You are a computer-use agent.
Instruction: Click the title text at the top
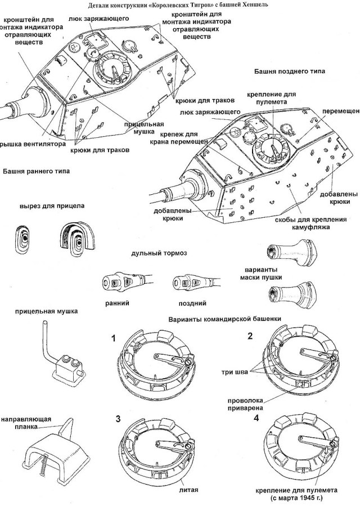click(x=178, y=5)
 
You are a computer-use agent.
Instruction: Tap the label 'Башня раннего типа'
click(x=36, y=171)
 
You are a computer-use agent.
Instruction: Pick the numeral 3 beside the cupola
click(x=118, y=419)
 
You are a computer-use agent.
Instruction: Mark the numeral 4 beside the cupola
click(x=257, y=419)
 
